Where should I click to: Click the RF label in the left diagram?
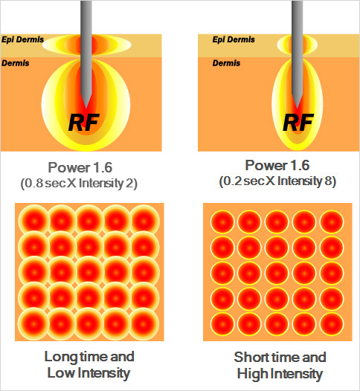point(84,123)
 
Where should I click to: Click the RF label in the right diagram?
point(298,123)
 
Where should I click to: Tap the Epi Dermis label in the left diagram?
point(23,39)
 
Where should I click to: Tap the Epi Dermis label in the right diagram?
point(234,39)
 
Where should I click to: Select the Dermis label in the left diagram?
point(16,63)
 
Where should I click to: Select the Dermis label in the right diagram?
point(226,63)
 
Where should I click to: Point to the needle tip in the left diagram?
point(86,108)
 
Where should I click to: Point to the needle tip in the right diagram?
point(297,108)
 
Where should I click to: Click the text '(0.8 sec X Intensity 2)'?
point(79,184)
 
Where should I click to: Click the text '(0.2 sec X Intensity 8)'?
point(277,181)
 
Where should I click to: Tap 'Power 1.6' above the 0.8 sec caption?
point(80,167)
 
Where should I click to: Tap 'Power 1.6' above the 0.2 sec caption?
point(277,165)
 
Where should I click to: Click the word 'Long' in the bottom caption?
point(61,357)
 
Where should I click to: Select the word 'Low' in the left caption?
point(61,373)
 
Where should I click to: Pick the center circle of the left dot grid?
point(89,272)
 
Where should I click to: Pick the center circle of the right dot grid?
point(277,274)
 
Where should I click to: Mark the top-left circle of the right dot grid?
point(222,222)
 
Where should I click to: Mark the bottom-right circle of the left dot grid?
point(144,323)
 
